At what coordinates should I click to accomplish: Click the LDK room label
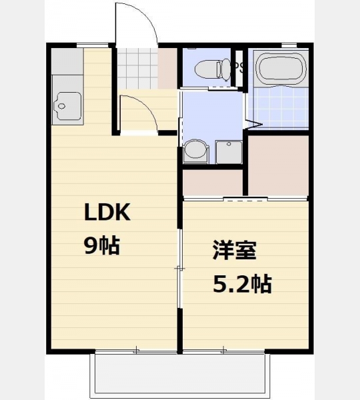[107, 212]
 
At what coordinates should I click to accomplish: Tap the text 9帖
[102, 246]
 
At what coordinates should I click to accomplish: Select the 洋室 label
[235, 250]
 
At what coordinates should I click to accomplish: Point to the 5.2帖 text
[242, 284]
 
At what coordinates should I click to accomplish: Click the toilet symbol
[213, 69]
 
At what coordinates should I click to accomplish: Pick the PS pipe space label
[239, 67]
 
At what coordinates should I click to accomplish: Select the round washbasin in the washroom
[196, 151]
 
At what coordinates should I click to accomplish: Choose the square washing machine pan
[229, 152]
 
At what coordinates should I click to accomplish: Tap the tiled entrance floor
[138, 68]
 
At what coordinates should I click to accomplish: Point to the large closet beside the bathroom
[279, 165]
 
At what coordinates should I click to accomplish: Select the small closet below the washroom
[213, 183]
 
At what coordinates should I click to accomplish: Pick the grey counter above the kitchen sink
[67, 61]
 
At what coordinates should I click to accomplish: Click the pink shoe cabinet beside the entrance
[167, 69]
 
